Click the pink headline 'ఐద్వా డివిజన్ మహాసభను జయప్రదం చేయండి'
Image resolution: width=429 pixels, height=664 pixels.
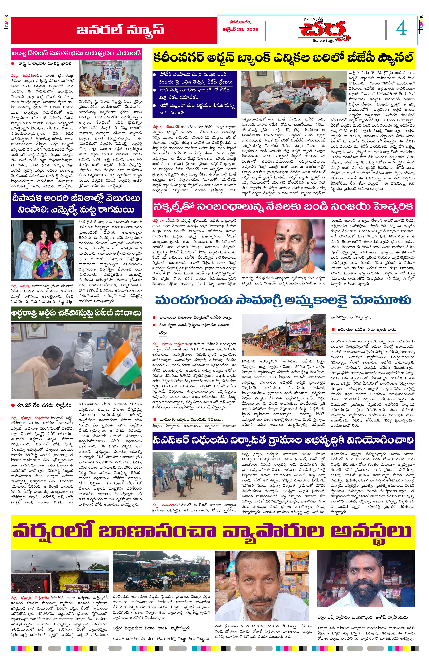pos(76,53)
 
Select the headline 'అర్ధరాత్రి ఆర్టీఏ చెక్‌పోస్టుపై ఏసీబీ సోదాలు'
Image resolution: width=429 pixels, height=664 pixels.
pos(76,313)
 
